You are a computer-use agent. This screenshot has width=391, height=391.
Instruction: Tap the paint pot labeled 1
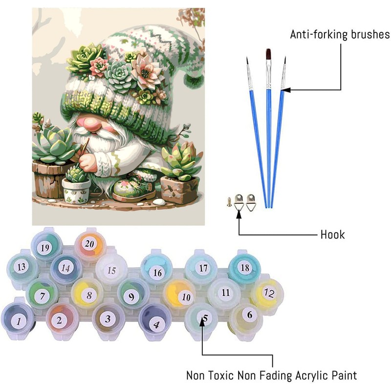click(x=18, y=321)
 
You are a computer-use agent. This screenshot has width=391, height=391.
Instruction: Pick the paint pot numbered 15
click(x=111, y=270)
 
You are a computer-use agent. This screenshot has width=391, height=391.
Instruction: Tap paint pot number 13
click(x=21, y=267)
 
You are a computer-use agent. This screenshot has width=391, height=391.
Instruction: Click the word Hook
click(x=332, y=235)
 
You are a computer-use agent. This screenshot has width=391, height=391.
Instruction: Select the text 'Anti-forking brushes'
click(x=340, y=35)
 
